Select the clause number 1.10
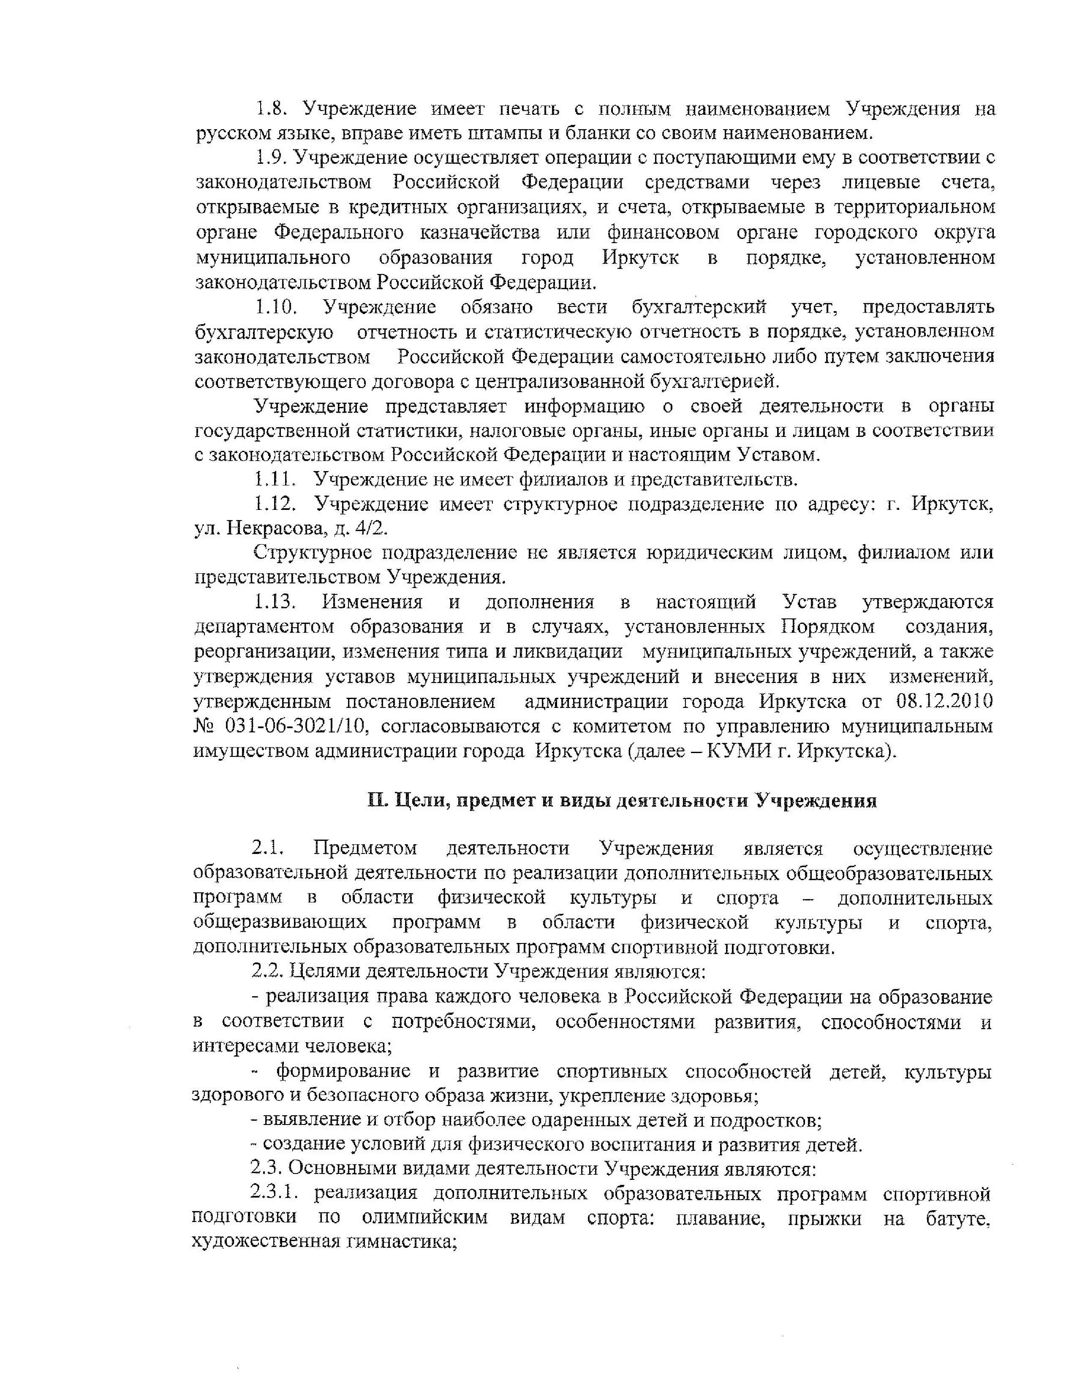276,307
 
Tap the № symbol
205,726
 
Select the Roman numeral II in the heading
377,801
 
